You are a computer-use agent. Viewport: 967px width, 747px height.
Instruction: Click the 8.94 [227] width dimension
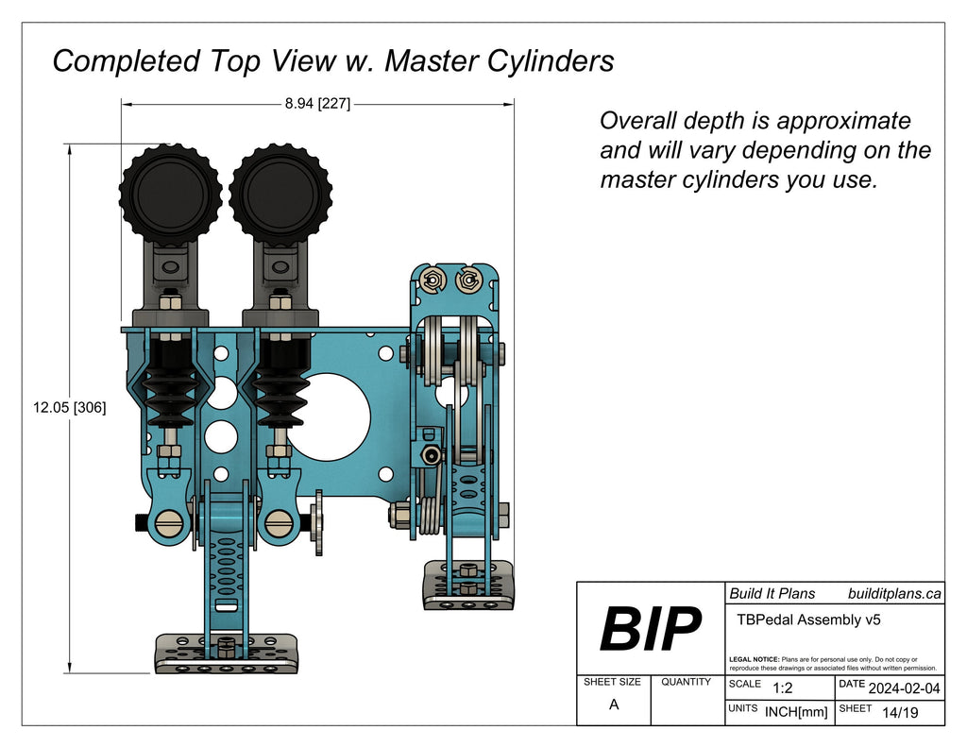[x=317, y=104]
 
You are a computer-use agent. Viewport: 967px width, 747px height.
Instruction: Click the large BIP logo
[x=651, y=629]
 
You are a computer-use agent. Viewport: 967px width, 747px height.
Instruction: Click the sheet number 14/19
[x=897, y=712]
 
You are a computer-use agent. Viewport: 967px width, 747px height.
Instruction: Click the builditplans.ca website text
[x=894, y=593]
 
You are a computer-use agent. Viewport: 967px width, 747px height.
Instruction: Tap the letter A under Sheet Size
[x=614, y=705]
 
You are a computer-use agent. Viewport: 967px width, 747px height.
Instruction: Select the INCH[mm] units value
[x=796, y=712]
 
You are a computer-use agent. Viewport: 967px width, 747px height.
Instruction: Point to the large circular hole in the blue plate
[x=328, y=416]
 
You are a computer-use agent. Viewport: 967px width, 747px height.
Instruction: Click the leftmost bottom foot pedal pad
[x=227, y=654]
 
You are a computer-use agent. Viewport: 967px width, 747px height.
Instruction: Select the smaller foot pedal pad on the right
[x=468, y=585]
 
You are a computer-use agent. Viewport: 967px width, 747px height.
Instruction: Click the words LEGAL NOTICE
[x=755, y=659]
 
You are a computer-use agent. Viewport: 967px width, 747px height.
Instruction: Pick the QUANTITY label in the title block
[x=687, y=682]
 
